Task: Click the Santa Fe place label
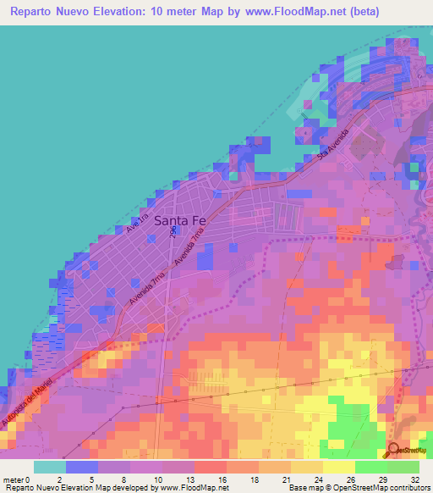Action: pos(180,220)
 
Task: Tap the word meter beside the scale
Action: pos(14,479)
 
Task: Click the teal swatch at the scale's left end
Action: pos(49,467)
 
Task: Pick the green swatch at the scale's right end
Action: pos(403,467)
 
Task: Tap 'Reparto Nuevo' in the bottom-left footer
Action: pos(29,488)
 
